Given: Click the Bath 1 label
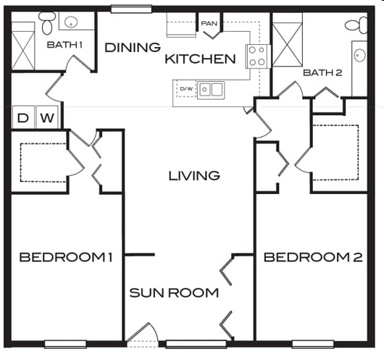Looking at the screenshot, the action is [64, 45].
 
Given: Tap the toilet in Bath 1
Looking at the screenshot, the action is [47, 23].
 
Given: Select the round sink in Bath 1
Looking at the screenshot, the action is [71, 22].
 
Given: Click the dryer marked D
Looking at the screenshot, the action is [23, 117].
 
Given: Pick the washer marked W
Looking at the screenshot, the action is [47, 117].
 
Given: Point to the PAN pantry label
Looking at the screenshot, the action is [209, 23].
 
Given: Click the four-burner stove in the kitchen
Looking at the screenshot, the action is [258, 56].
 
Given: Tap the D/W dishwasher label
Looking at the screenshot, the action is [187, 88].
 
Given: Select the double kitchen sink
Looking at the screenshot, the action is [211, 90].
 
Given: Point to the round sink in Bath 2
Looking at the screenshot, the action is [360, 55].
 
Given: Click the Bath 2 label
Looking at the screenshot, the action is [322, 72].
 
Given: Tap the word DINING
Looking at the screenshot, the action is [133, 48].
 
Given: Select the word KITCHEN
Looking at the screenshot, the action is [200, 59].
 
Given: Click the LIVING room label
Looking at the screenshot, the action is [194, 175].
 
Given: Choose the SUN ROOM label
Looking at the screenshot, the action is [174, 293].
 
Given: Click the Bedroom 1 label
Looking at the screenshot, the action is [66, 257].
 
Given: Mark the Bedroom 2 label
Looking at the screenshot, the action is [313, 257].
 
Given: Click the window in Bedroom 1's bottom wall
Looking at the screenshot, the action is [65, 344].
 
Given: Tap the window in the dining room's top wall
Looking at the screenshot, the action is [132, 9].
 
